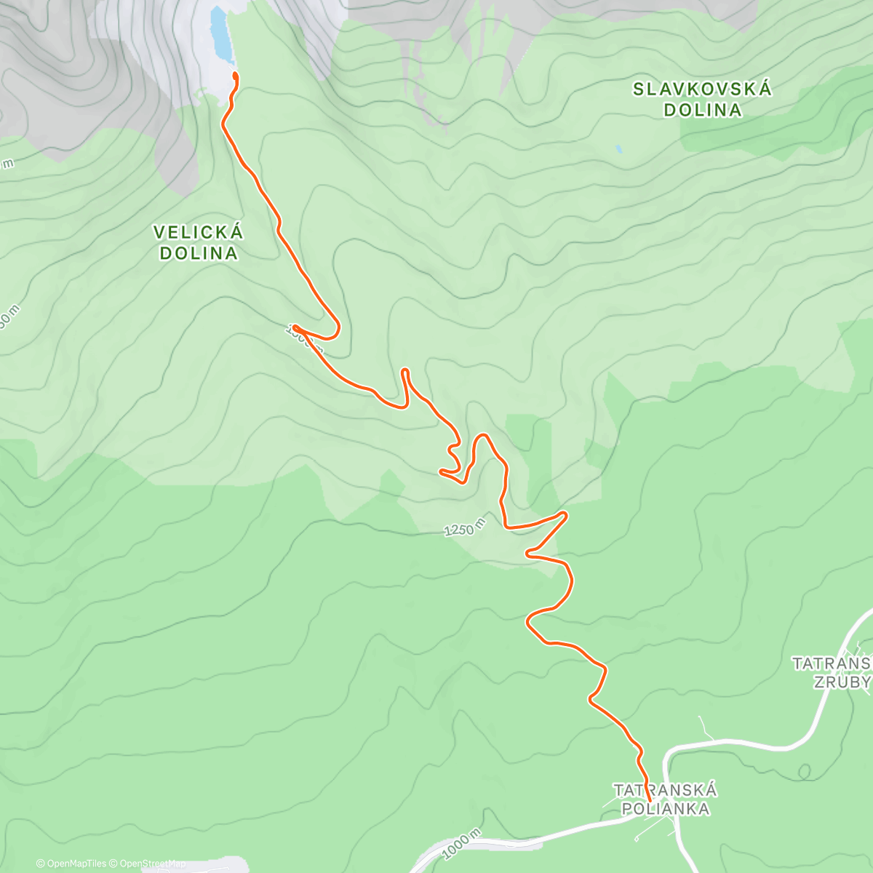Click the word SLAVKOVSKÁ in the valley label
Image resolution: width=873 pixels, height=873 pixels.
point(702,89)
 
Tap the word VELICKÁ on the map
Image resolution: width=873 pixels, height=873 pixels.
point(199,233)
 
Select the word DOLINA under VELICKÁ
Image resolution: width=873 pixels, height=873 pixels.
point(199,253)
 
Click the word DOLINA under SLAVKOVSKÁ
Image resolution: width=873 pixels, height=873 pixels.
point(702,110)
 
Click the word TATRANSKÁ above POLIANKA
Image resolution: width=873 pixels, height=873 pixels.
point(665,790)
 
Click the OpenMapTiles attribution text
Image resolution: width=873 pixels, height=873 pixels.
point(71,864)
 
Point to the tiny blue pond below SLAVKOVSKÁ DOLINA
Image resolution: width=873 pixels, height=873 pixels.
point(618,149)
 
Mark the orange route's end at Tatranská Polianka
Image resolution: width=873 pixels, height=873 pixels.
point(648,781)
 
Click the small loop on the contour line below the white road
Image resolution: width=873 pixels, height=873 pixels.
point(804,770)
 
